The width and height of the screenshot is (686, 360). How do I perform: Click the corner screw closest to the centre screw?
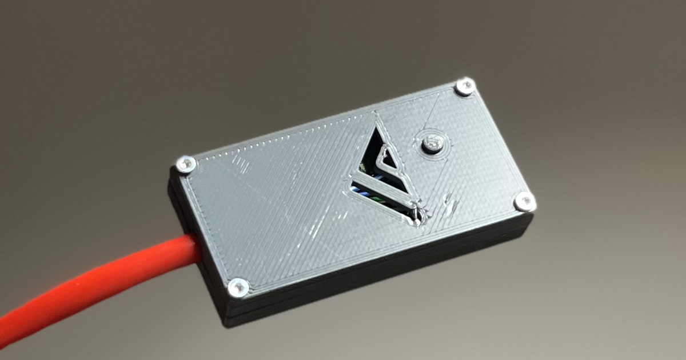[x=465, y=86]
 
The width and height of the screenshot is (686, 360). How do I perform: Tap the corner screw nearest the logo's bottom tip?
[x=524, y=201]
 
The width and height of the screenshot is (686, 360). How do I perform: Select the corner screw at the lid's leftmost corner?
[x=186, y=165]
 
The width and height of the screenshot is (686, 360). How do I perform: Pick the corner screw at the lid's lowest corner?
[x=237, y=287]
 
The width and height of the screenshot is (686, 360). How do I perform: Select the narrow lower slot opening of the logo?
[x=377, y=194]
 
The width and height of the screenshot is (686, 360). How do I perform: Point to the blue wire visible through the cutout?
[x=366, y=188]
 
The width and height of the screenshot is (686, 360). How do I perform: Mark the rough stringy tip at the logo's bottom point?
[x=418, y=215]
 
